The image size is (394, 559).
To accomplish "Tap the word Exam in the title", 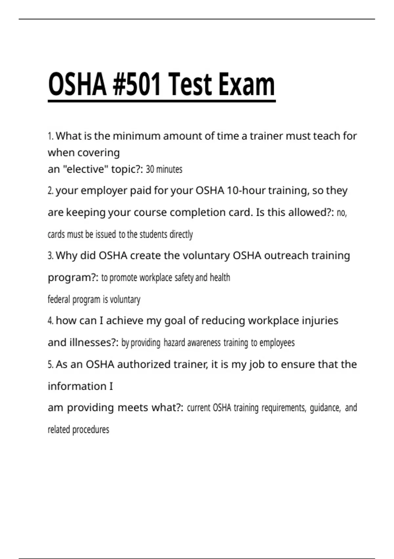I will [247, 85].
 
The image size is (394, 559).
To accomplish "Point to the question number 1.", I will [50, 136].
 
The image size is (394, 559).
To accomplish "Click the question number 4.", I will [50, 321].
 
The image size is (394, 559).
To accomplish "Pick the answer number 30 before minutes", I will [150, 169].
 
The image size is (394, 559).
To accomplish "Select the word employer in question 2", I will [104, 191].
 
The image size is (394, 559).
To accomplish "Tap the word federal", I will [59, 300].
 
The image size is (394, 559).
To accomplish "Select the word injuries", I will [320, 321].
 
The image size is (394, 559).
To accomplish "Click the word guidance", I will [324, 408].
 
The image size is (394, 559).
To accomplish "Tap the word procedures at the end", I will [91, 430].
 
